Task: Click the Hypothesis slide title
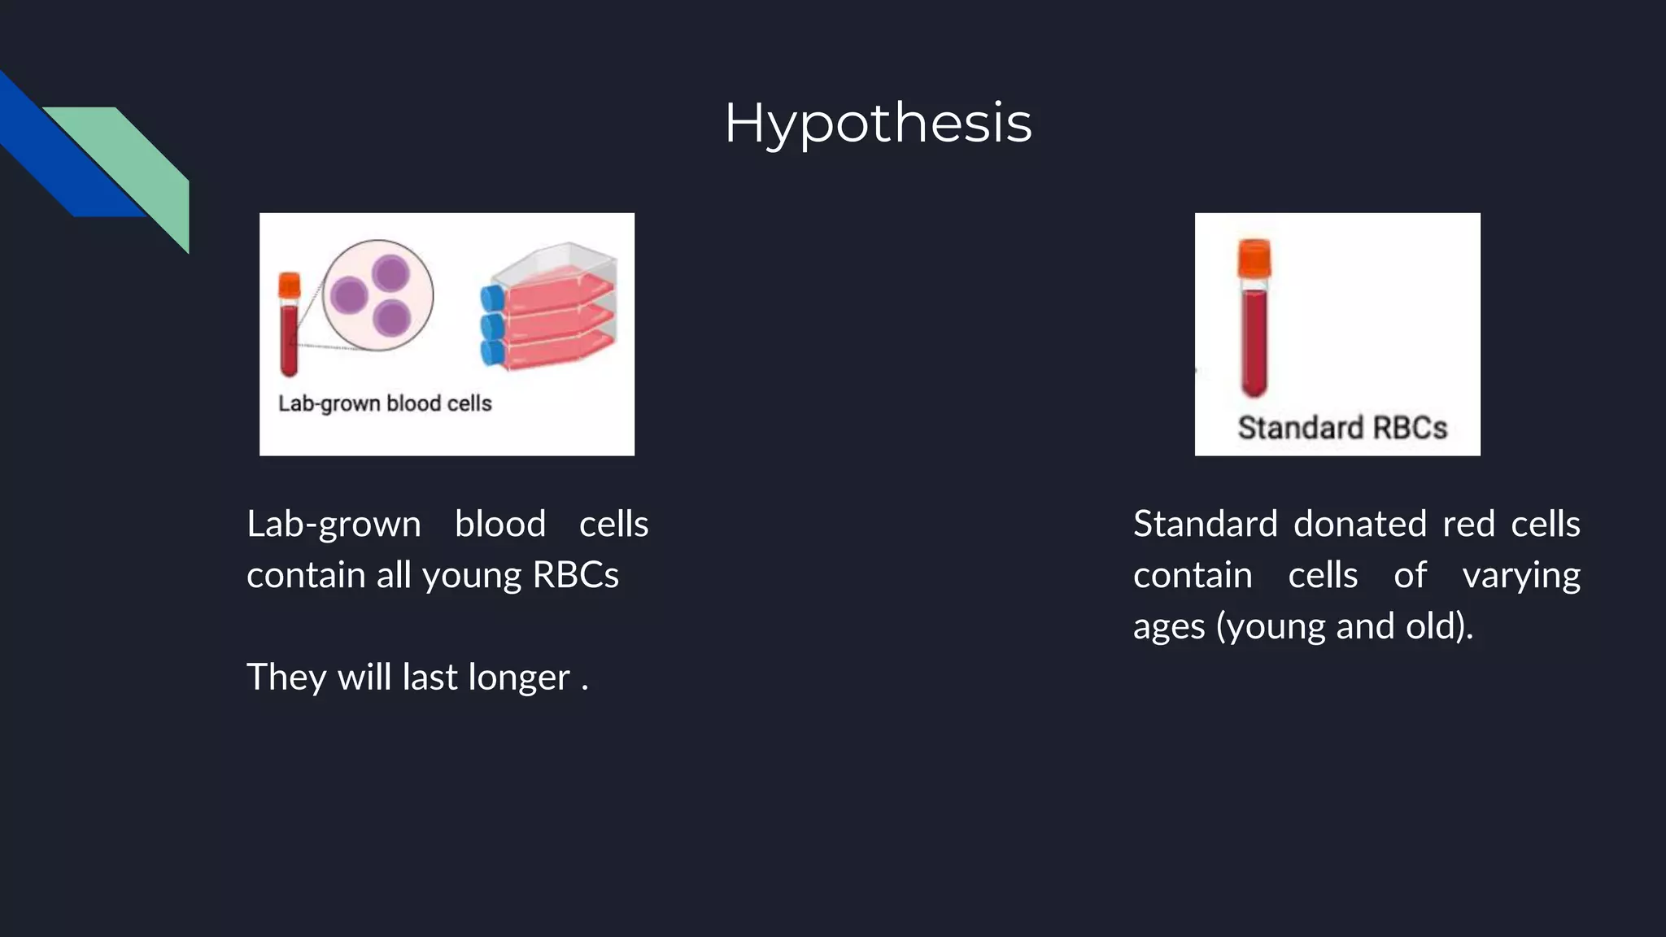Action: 878,123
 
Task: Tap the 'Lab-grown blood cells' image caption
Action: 385,403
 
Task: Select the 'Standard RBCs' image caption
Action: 1342,428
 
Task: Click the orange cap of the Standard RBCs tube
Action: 1254,258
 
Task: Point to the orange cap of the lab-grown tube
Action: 289,285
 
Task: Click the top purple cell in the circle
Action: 390,272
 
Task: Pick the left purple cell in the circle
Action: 349,295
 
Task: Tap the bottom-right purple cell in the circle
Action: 391,317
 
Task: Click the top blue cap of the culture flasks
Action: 492,299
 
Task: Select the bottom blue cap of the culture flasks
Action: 492,353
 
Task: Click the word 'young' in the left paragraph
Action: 472,575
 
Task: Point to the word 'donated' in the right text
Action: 1360,524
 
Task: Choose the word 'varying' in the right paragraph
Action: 1521,575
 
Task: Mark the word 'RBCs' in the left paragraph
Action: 575,575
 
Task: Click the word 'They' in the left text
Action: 286,677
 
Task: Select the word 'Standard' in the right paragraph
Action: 1205,524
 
